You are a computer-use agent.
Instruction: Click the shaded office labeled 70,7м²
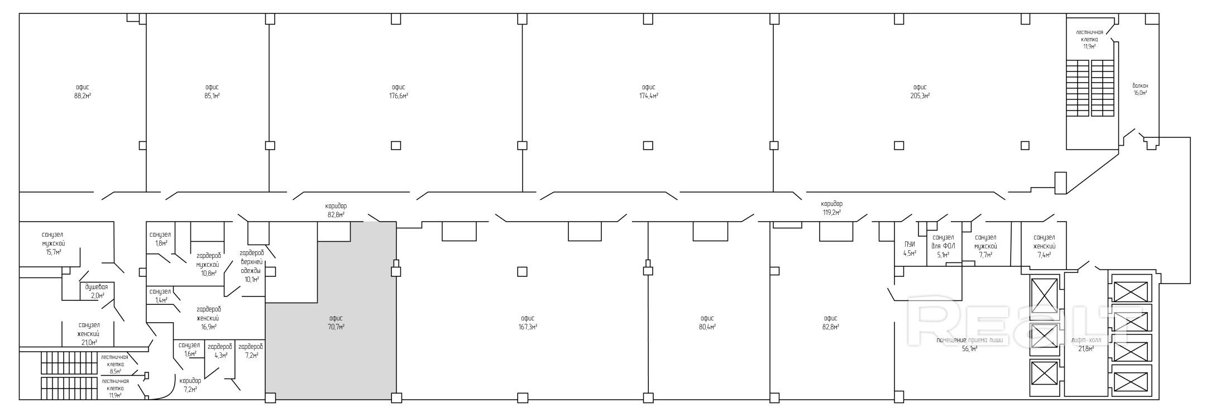click(x=336, y=323)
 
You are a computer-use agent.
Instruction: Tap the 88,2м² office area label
click(x=83, y=92)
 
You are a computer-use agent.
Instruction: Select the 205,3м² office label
click(x=920, y=92)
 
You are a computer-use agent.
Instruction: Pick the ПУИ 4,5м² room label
click(x=910, y=249)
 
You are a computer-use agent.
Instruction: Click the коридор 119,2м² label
click(x=831, y=208)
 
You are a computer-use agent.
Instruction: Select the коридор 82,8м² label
click(x=336, y=210)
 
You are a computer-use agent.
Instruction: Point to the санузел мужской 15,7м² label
click(x=54, y=243)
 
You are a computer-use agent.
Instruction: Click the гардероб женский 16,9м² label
click(x=209, y=318)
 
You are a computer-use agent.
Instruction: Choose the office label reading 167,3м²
click(x=528, y=323)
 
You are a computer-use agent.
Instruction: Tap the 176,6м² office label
click(x=398, y=92)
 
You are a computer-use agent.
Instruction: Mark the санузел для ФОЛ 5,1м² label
click(x=943, y=246)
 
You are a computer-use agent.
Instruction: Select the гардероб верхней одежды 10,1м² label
click(x=251, y=266)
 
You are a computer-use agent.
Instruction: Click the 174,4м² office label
click(x=648, y=92)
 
